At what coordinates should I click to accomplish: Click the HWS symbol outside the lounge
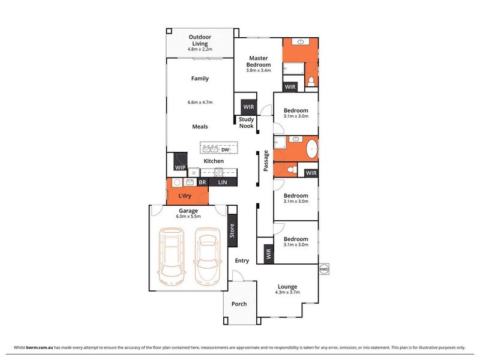pos(323,269)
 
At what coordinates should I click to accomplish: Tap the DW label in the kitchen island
pos(225,149)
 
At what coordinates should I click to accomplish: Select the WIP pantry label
pos(180,167)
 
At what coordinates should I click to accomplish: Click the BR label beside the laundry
pos(202,182)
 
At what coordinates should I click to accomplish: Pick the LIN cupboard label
pos(223,182)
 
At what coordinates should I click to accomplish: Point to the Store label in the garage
pos(232,230)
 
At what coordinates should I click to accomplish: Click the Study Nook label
pos(247,122)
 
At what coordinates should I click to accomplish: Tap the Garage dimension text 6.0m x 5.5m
pos(188,217)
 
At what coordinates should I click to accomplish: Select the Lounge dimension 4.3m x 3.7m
pos(287,292)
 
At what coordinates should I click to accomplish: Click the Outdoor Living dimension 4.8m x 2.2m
pos(200,49)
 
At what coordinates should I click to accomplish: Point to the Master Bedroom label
pos(259,61)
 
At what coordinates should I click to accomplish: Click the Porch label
pos(239,304)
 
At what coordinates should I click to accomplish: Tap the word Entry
pos(242,261)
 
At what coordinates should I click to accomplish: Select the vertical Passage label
pos(266,161)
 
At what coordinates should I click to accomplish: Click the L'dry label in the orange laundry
pos(185,196)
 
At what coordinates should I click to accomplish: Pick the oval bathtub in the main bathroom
pos(312,149)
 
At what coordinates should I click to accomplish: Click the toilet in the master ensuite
pos(311,82)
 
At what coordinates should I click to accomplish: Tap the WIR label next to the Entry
pos(268,254)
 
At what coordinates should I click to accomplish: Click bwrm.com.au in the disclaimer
pos(40,347)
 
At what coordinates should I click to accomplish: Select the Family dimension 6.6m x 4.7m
pos(200,102)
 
